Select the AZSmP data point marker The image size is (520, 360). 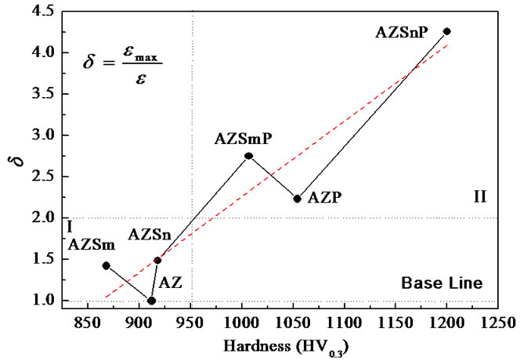pos(248,156)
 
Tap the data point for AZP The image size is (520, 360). pos(297,199)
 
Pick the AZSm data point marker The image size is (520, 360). pos(106,265)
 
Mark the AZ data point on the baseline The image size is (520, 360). pos(151,301)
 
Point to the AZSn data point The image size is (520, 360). pos(157,260)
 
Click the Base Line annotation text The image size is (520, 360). pos(442,282)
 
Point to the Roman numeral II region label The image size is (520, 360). pos(480,196)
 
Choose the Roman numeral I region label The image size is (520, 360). pos(70,227)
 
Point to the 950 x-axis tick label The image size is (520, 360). pos(190,321)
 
